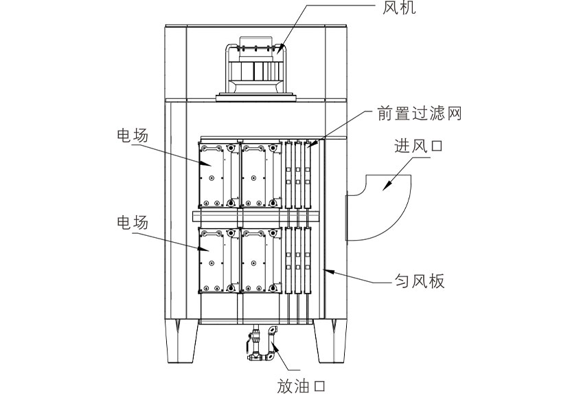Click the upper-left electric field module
tap(218, 175)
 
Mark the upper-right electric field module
tap(261, 175)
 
